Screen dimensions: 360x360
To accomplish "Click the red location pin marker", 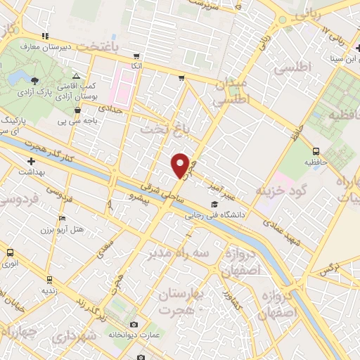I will tap(180, 165).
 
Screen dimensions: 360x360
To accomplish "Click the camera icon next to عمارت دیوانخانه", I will tap(134, 325).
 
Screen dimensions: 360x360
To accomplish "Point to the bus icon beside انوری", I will tap(10, 252).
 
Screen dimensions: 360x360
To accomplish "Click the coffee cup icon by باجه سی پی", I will tap(77, 110).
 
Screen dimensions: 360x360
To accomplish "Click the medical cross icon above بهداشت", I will tap(32, 162).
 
